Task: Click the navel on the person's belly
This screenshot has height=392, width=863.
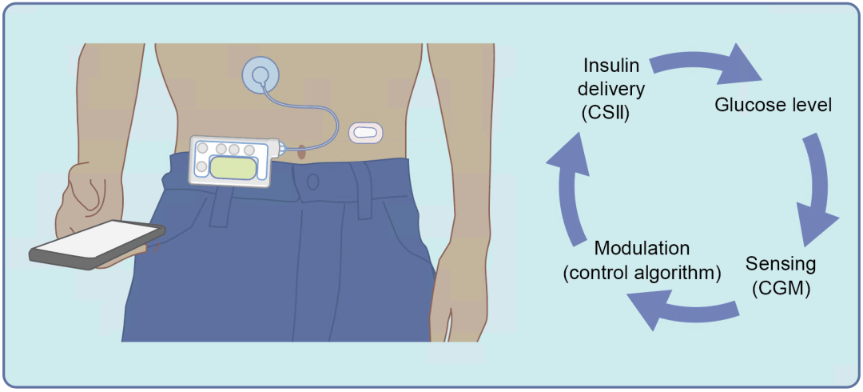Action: click(x=301, y=150)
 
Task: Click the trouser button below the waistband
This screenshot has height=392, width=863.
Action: click(x=312, y=182)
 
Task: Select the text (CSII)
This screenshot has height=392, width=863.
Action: click(x=606, y=112)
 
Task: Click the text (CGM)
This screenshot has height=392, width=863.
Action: click(x=781, y=288)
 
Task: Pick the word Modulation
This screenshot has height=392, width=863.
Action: click(x=642, y=248)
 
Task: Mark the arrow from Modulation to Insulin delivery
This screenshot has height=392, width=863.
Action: click(x=571, y=188)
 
